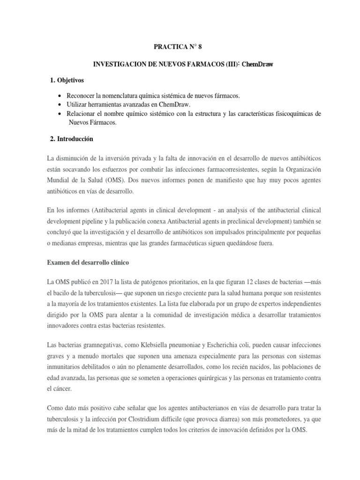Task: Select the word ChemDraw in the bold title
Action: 258,64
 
